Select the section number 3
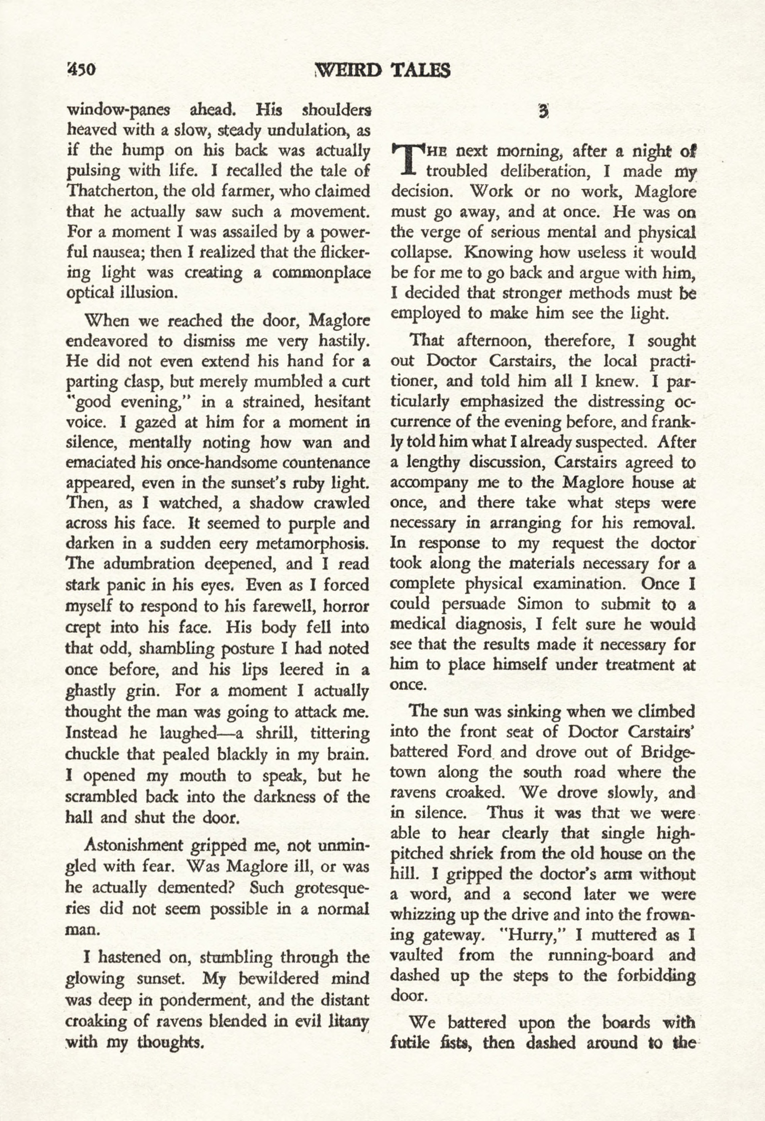(543, 111)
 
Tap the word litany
(349, 1021)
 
